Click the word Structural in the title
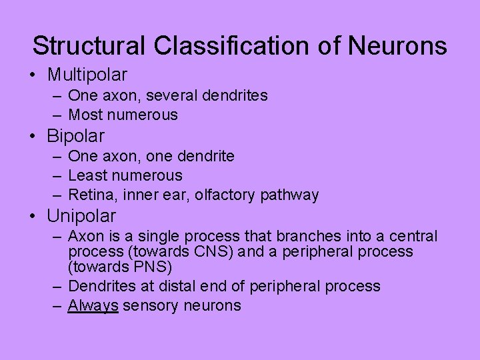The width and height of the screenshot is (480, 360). click(x=89, y=46)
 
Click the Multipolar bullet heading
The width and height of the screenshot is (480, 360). click(x=87, y=75)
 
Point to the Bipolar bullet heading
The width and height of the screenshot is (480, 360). click(x=75, y=136)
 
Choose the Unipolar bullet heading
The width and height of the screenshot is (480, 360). click(x=81, y=216)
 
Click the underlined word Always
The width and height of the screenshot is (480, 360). click(x=93, y=306)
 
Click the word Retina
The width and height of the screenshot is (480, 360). click(x=91, y=195)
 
